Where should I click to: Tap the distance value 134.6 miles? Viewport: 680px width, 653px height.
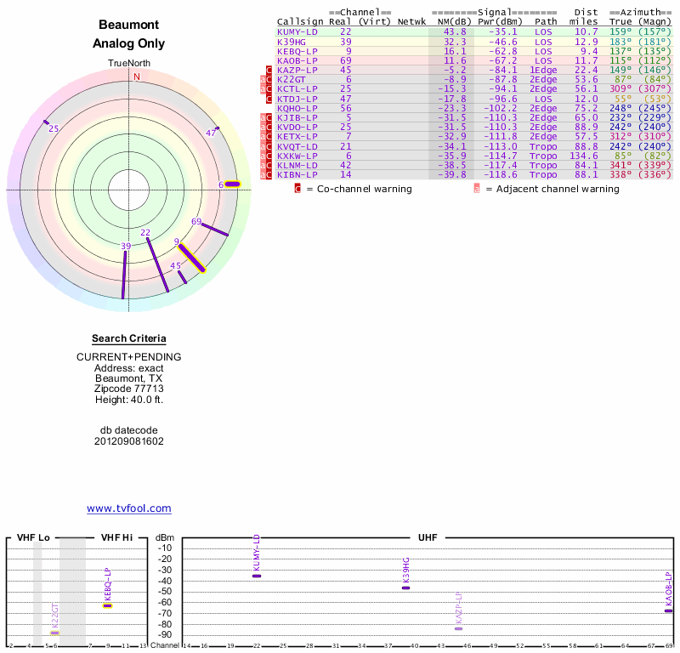click(x=583, y=156)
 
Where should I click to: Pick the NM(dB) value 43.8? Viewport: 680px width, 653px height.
click(x=454, y=31)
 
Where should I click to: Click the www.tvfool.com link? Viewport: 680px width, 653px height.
click(x=129, y=508)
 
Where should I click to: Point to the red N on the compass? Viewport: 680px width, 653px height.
click(x=135, y=77)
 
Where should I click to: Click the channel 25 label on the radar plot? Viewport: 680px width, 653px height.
click(x=54, y=129)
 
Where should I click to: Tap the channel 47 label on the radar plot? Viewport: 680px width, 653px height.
click(x=212, y=133)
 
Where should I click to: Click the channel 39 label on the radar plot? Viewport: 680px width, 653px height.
click(x=126, y=247)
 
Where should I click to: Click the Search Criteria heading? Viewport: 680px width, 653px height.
click(x=129, y=338)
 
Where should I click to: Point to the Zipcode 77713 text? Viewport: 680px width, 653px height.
click(x=129, y=389)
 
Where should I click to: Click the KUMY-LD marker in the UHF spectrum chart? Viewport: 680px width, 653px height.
click(x=257, y=576)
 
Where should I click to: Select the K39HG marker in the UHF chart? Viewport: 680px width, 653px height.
click(x=405, y=588)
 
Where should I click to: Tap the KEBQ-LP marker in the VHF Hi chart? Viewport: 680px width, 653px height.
click(x=108, y=605)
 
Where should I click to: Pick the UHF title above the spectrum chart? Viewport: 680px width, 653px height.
click(x=428, y=537)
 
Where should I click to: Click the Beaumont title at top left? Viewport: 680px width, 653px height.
click(x=129, y=26)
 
